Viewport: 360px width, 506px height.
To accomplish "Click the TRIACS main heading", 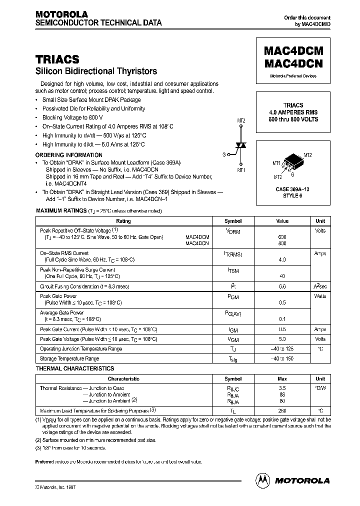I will click(57, 59).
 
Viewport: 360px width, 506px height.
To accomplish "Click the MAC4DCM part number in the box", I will click(292, 52).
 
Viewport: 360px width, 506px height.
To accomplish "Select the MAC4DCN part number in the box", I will click(292, 64).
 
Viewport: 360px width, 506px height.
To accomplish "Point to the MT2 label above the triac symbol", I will click(240, 121).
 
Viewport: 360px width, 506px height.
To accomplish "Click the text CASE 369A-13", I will click(293, 189).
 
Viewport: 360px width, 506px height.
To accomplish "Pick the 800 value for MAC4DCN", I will click(282, 243).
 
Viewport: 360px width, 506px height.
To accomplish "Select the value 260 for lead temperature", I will click(282, 411).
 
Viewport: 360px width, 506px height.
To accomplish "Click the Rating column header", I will click(123, 221).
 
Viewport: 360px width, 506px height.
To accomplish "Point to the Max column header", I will click(282, 379).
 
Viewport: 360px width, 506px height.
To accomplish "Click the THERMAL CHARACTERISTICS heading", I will click(75, 368).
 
